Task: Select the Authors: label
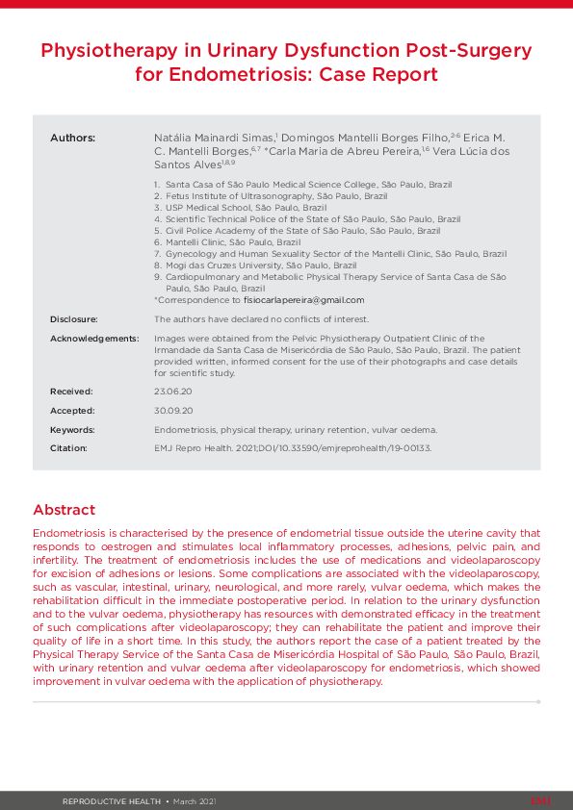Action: coord(72,139)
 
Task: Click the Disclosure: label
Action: coord(74,318)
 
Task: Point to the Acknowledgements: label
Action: coord(94,339)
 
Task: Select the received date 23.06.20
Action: coord(173,392)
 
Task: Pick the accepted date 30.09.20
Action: coord(173,411)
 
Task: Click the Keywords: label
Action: coord(72,430)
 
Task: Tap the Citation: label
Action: coord(68,448)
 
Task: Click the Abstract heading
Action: coord(64,509)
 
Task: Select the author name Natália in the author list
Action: coord(173,139)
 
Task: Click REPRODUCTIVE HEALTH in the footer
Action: coord(112,800)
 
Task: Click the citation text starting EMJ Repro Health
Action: coord(293,448)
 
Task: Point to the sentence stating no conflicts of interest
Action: coord(261,318)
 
